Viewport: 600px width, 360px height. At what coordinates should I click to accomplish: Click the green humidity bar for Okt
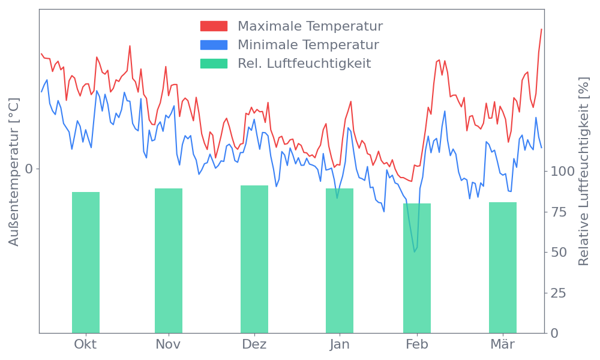point(86,262)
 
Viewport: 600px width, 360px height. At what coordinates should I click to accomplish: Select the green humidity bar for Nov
point(169,260)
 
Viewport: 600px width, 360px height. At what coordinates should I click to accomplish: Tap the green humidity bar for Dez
point(254,259)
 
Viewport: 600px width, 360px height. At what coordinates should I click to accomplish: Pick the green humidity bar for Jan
point(340,260)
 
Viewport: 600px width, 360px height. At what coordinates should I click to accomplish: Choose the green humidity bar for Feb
point(417,268)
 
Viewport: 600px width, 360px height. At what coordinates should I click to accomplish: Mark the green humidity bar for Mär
point(503,268)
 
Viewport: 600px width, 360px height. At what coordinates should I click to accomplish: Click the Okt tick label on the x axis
point(85,344)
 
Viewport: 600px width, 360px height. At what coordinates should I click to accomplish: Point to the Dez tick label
point(254,344)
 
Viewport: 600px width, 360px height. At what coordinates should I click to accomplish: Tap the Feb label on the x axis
point(417,344)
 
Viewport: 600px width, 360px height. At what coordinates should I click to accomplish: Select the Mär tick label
point(503,344)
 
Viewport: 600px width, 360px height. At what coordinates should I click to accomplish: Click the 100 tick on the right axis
point(563,172)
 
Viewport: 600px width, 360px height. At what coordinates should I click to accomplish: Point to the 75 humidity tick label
point(559,212)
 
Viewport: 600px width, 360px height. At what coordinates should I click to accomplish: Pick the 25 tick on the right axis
point(559,293)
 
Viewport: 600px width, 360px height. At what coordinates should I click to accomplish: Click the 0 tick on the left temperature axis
point(29,169)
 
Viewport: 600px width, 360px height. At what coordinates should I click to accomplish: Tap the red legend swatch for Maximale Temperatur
point(214,26)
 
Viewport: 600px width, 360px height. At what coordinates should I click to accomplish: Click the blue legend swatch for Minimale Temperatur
point(214,44)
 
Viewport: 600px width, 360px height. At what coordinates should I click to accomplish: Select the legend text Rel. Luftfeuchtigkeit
point(305,63)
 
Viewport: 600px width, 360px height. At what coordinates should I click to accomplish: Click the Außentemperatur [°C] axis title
point(15,172)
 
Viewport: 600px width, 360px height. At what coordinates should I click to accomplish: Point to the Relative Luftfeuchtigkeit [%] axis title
point(583,172)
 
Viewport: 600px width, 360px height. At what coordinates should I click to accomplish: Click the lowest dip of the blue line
point(415,251)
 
